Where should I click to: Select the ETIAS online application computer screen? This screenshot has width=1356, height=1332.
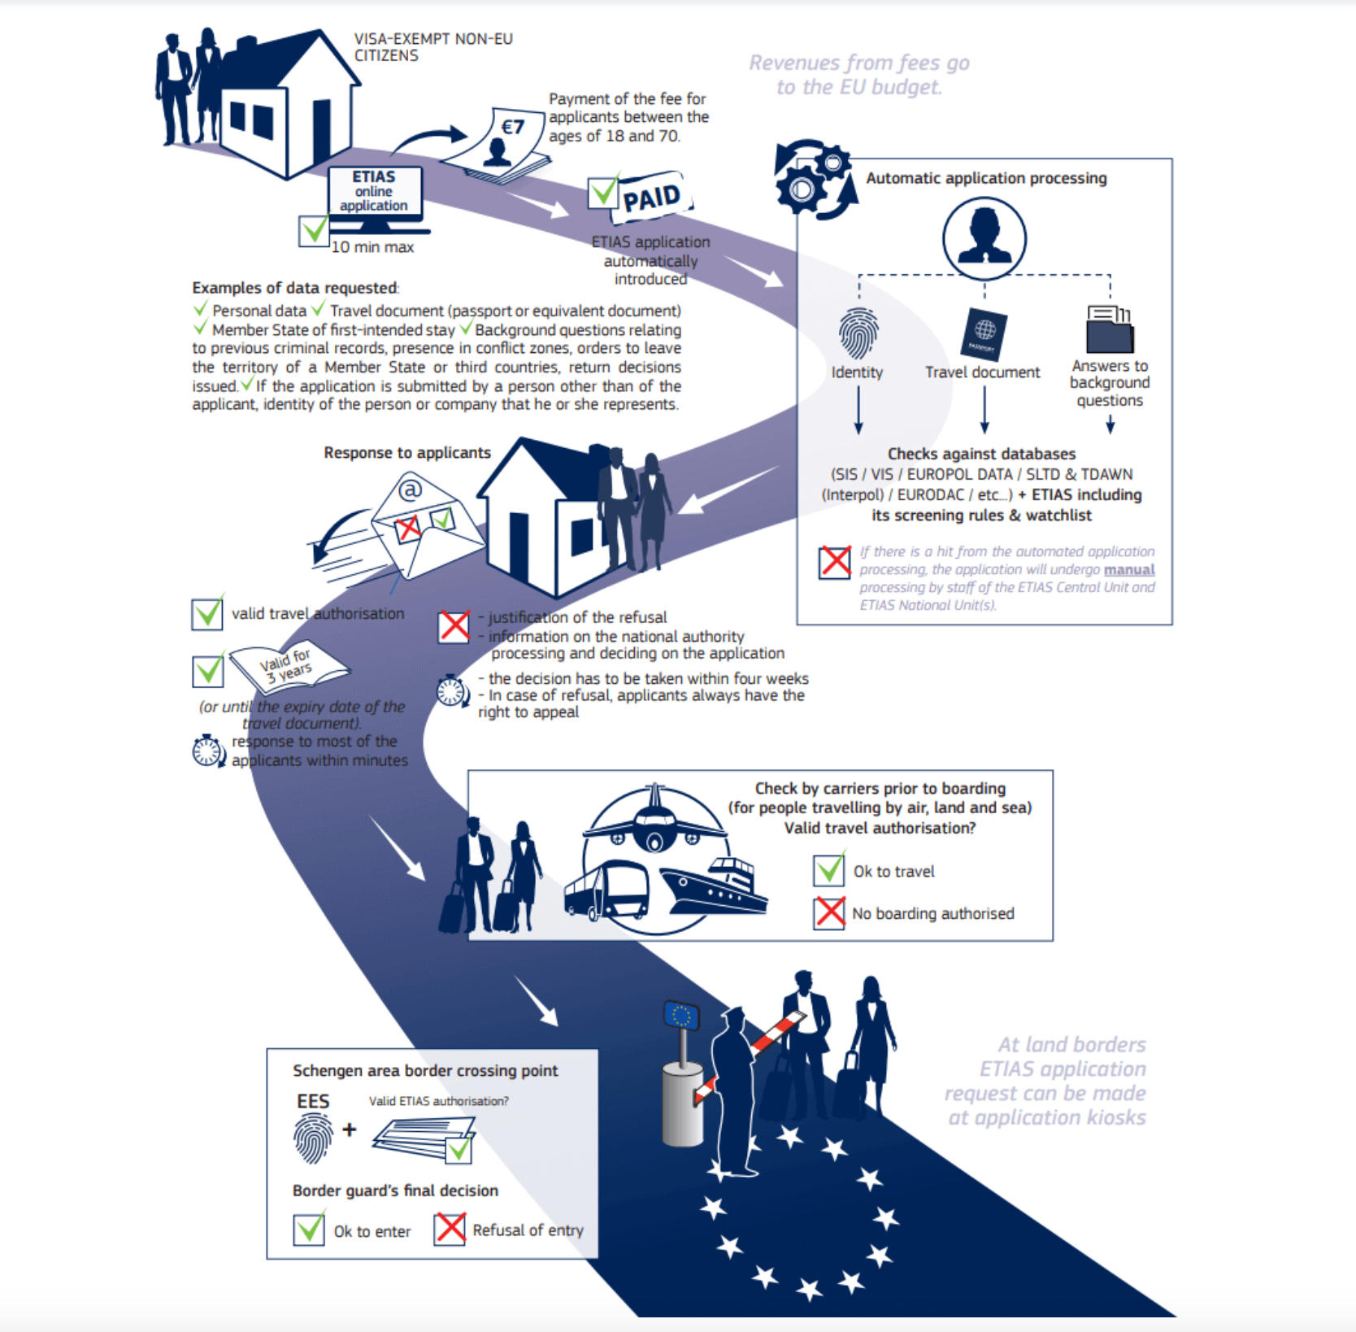point(374,192)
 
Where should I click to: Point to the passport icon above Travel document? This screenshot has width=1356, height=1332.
point(984,333)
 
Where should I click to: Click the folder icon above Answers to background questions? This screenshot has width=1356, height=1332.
point(1109,329)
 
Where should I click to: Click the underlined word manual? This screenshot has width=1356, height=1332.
point(1128,569)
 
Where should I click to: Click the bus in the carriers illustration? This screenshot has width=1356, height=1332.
point(606,891)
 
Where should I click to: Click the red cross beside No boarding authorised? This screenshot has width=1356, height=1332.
point(829,912)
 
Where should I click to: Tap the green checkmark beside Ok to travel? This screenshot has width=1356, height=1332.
point(829,870)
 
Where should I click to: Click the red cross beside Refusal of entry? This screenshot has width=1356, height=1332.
point(450,1229)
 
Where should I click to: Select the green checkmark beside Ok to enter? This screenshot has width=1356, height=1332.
point(309,1229)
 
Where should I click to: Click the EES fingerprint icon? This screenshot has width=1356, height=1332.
point(313,1138)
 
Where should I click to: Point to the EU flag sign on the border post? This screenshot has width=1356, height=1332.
point(681,1015)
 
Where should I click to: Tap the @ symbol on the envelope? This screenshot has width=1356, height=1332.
point(411,489)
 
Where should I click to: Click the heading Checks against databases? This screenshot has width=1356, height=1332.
point(981,454)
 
